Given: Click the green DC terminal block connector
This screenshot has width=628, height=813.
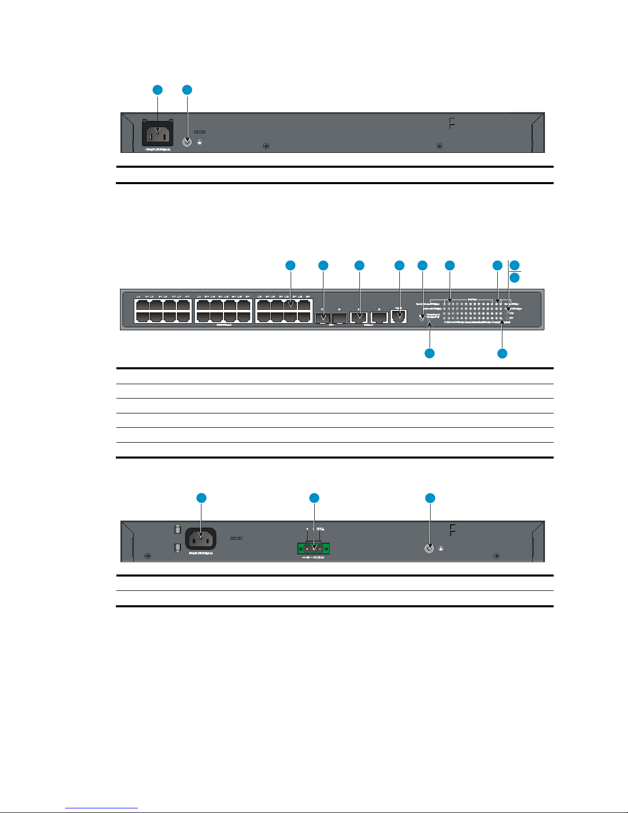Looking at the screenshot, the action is (313, 548).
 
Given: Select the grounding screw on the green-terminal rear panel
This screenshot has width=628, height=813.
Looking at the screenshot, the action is (430, 548).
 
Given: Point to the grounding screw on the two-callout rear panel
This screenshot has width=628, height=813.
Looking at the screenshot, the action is (188, 142).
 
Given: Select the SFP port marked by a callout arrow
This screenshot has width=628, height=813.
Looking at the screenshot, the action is (322, 319).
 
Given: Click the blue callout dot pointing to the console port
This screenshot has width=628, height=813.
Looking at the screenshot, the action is (399, 265).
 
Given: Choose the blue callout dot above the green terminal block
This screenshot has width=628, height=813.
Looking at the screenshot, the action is (314, 498).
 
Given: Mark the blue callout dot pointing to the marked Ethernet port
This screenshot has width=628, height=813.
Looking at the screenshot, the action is (290, 265).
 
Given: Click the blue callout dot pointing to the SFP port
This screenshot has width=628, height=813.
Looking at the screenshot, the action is (323, 265).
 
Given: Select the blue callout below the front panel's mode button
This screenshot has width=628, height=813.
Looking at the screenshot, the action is (430, 353).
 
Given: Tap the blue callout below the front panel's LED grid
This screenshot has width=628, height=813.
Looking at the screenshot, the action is (502, 353).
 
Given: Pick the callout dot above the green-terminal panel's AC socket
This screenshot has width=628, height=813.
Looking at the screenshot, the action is (201, 498).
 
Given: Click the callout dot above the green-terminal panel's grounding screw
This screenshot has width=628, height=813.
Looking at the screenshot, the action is (430, 498).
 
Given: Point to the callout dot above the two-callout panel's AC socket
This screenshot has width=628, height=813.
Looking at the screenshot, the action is (157, 90).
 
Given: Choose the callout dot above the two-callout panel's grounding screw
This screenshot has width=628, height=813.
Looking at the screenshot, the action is (187, 90).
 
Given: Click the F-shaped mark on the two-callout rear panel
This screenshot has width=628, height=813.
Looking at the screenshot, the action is (452, 123).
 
